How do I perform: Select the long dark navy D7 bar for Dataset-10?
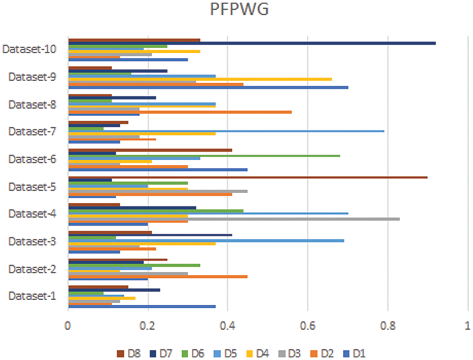(251, 43)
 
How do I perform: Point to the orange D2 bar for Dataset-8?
(180, 112)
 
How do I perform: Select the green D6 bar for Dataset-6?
(204, 156)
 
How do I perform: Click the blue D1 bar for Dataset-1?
(142, 306)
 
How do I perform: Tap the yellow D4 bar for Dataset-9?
(200, 79)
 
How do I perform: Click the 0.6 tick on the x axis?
(308, 328)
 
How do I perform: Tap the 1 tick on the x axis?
(467, 328)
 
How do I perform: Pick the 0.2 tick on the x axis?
(148, 328)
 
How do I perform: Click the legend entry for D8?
(129, 353)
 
